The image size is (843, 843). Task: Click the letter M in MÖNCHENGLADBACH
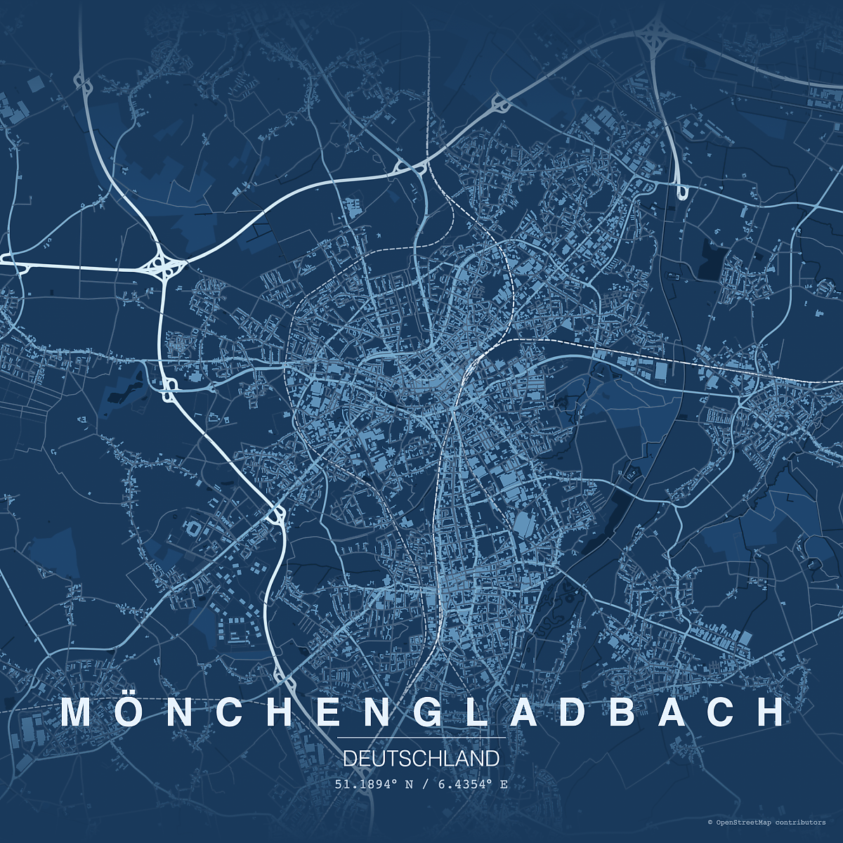click(x=77, y=712)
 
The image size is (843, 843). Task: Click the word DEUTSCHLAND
click(x=421, y=759)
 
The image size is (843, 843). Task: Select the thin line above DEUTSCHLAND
click(x=421, y=738)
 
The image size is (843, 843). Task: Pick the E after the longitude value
click(x=504, y=784)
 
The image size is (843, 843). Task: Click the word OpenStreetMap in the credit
click(x=744, y=822)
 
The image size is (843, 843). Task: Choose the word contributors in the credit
click(x=801, y=822)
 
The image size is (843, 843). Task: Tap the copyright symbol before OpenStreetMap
click(x=710, y=822)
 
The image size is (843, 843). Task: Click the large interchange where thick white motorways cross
click(x=163, y=266)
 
